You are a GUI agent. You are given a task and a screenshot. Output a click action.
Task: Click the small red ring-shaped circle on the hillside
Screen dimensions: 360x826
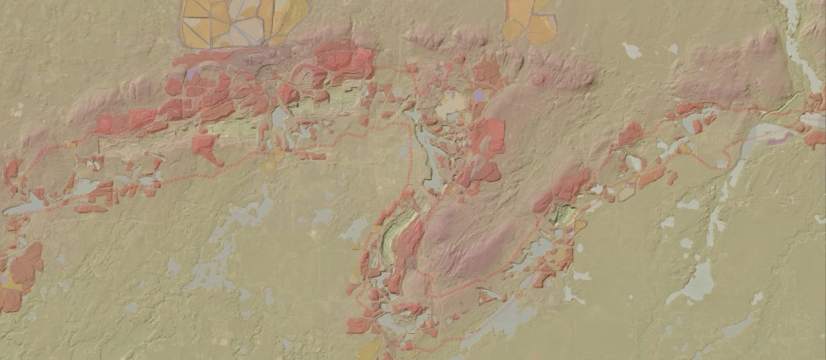(539, 79)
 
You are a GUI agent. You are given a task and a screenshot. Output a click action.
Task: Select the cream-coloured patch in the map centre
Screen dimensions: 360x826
(451, 105)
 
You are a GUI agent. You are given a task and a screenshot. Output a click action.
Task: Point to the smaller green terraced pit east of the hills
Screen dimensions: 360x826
(564, 214)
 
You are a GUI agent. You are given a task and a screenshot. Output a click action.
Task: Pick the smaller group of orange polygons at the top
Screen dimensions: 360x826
(530, 21)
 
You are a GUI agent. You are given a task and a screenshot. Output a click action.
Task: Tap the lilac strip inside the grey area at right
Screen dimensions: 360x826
(779, 137)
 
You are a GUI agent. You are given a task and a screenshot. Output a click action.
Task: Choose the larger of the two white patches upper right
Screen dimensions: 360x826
(632, 50)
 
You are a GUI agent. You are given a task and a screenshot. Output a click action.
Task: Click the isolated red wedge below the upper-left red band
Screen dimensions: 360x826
(207, 148)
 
